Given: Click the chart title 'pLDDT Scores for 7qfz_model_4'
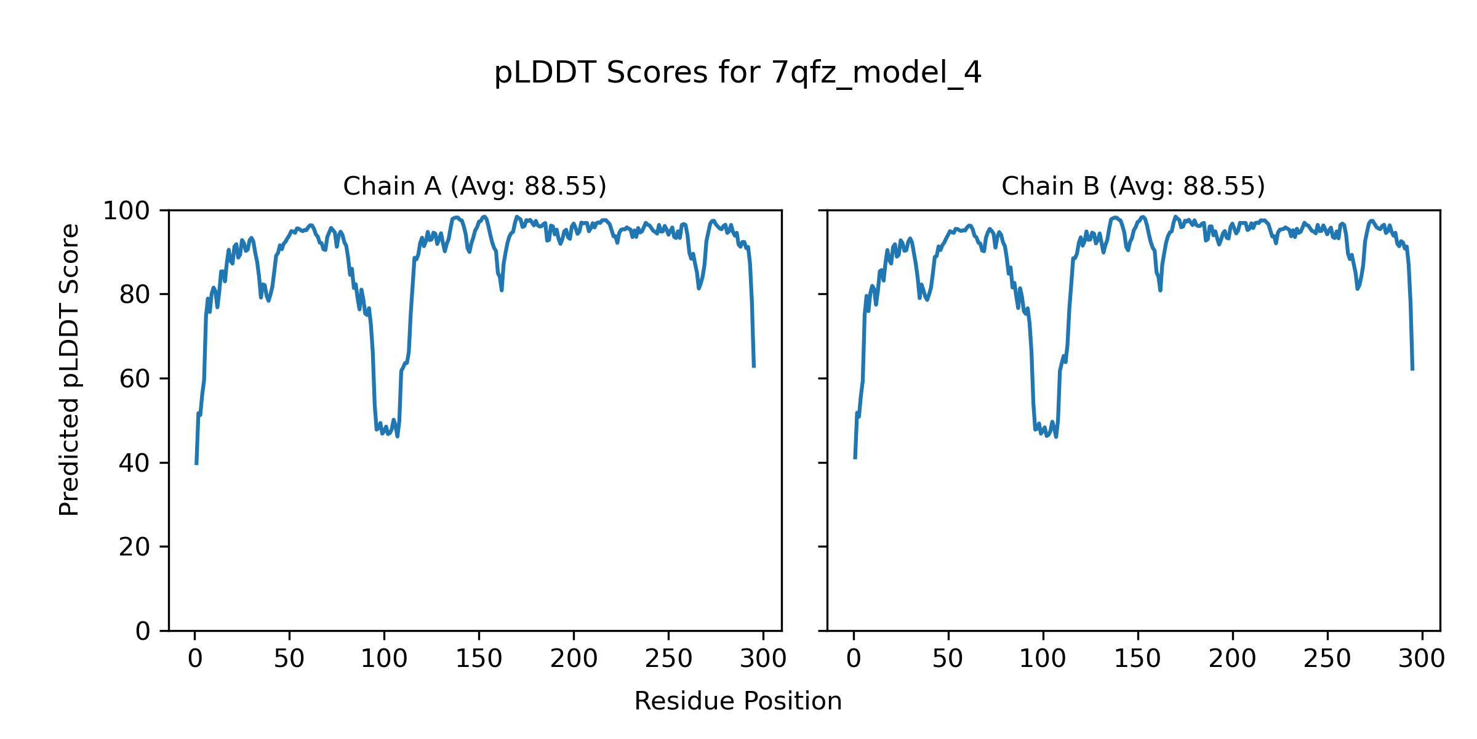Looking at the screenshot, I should click(738, 73).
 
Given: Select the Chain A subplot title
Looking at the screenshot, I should click(474, 186).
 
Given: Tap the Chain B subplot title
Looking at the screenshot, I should click(1133, 186).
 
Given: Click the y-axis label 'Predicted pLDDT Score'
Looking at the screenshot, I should click(69, 369).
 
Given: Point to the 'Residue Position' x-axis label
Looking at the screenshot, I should click(738, 701).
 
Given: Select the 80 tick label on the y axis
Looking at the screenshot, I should click(135, 295).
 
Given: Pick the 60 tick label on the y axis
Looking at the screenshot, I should click(135, 379).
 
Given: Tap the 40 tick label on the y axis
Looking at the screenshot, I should click(135, 463).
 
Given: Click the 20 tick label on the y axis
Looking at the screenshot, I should click(135, 547).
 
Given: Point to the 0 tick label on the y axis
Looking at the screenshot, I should click(143, 631).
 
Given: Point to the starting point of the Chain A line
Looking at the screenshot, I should click(196, 463).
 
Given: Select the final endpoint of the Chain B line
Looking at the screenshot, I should click(1412, 369).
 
